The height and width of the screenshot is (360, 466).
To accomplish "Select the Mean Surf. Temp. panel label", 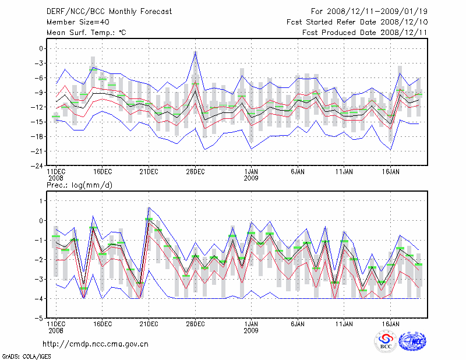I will point(86,33).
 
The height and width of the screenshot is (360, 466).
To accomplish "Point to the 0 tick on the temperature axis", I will point(41,49).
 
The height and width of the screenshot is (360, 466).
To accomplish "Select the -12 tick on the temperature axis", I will point(37,107).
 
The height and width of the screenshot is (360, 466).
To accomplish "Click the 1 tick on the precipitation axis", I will point(41,201).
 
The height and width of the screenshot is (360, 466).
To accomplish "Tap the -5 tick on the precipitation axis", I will point(39,319).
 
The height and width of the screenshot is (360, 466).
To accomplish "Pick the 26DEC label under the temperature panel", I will point(195,172).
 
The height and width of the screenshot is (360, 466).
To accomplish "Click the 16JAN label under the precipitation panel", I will point(390,323).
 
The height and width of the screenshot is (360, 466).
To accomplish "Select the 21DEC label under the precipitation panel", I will point(149,323).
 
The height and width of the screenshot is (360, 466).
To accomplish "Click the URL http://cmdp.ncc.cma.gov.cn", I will point(96,344).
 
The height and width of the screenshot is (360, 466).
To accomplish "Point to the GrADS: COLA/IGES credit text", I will point(20,355).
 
